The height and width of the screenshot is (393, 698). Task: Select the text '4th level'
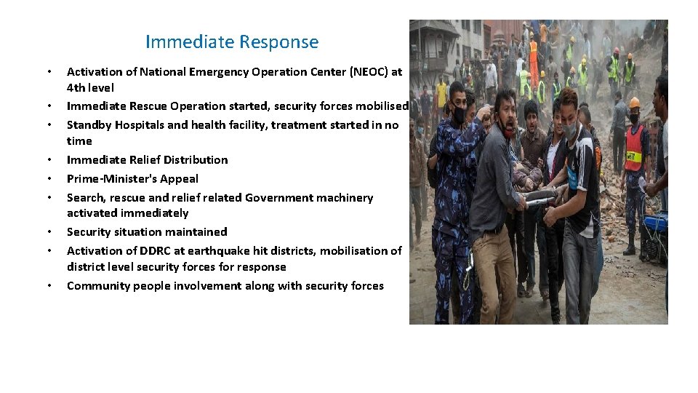pyautogui.click(x=90, y=87)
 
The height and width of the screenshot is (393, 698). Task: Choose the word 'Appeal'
pyautogui.click(x=178, y=179)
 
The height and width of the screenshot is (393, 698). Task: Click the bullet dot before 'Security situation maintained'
pyautogui.click(x=49, y=232)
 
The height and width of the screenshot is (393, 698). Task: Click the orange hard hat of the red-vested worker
pyautogui.click(x=634, y=103)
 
